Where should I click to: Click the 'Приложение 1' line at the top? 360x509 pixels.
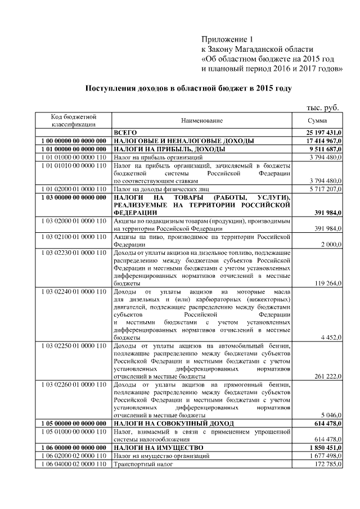pos(228,39)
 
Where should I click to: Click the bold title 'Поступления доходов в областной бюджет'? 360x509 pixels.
pos(188,89)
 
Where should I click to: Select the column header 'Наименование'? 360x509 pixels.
pos(202,121)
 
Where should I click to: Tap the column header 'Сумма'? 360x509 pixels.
pos(317,121)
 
